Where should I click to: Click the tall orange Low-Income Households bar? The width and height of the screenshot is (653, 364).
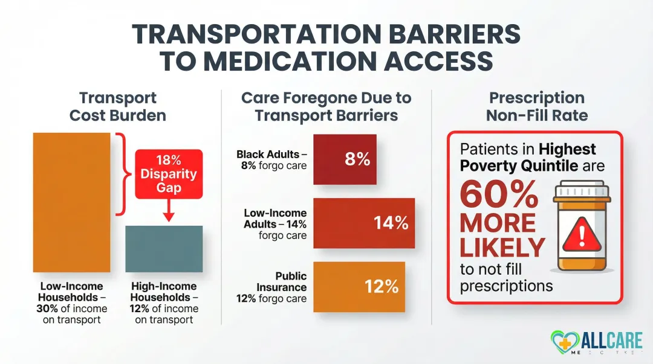tap(71, 202)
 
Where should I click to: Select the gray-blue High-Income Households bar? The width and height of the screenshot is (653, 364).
tap(164, 249)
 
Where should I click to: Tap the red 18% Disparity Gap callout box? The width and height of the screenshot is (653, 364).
tap(169, 173)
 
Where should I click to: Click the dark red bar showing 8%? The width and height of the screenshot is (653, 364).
tap(345, 159)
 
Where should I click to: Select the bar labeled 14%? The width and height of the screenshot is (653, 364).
tap(364, 223)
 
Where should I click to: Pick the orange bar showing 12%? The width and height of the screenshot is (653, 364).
tap(359, 286)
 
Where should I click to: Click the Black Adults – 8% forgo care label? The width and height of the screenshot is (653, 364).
tap(272, 160)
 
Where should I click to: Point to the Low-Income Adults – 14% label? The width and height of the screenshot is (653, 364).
tap(275, 224)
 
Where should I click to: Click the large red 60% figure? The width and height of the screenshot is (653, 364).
tap(499, 194)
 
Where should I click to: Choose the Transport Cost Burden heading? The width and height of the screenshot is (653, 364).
tap(117, 106)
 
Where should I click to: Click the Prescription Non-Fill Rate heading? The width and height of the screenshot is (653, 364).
tap(536, 106)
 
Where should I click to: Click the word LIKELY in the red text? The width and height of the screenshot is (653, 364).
tap(502, 247)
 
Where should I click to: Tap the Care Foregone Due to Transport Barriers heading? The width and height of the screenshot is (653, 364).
tap(326, 106)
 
